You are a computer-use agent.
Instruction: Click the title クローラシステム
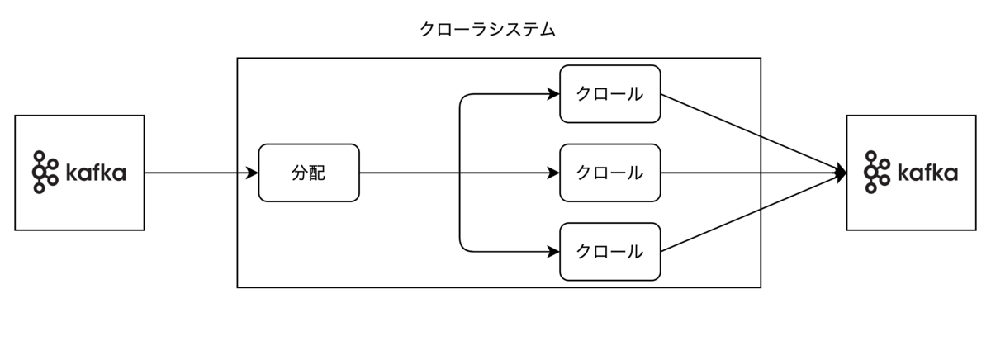click(487, 31)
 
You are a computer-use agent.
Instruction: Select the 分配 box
click(309, 173)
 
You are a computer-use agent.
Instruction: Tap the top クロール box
click(610, 93)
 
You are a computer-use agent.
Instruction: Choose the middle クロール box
click(610, 173)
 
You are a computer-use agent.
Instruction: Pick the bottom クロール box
click(610, 251)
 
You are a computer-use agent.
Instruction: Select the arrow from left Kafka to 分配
click(198, 173)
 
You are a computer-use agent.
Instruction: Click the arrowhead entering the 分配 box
click(253, 173)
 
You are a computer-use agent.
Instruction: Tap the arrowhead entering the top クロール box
click(554, 94)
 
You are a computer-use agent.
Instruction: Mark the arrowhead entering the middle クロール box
click(554, 173)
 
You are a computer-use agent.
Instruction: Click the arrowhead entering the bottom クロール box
click(554, 251)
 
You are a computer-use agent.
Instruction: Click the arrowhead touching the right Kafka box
click(841, 173)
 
